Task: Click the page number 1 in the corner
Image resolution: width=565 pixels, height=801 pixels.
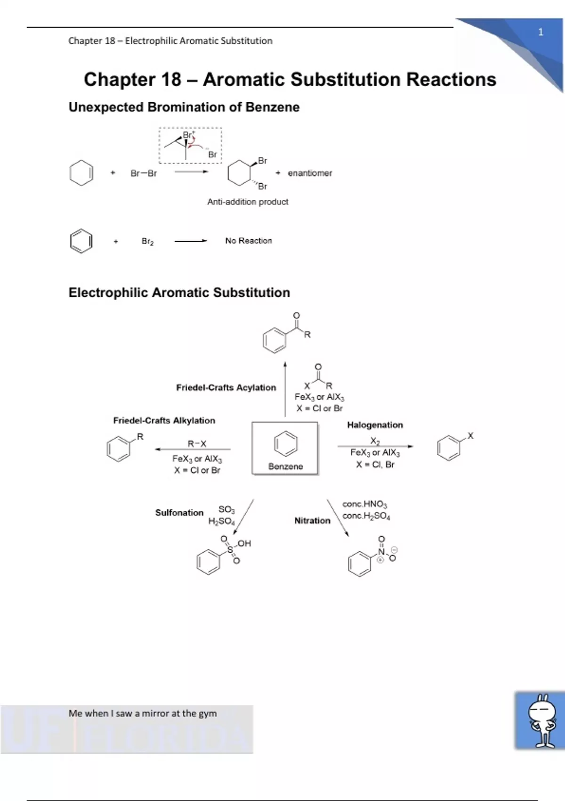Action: tap(541, 33)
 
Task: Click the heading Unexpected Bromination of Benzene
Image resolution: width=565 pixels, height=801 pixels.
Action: tap(184, 107)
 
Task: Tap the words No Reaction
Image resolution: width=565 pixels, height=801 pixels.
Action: tap(248, 241)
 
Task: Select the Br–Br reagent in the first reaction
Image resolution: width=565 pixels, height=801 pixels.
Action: tap(144, 173)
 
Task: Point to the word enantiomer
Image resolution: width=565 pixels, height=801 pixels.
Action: tap(310, 173)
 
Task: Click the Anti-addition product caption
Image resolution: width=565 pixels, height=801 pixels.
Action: tap(248, 202)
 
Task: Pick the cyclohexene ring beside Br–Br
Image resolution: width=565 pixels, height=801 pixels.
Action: tap(81, 173)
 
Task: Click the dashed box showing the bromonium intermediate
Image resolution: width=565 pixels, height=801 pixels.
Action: tap(190, 146)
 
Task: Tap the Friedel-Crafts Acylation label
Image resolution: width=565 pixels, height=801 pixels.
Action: tap(226, 388)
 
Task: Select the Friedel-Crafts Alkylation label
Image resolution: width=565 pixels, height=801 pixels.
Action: tap(164, 421)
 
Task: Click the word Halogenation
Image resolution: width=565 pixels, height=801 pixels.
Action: tap(375, 425)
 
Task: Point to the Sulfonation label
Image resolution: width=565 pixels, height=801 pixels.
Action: tap(179, 513)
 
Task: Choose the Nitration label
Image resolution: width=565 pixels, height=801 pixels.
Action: tap(312, 521)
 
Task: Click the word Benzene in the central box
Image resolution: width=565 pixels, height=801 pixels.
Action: tap(285, 466)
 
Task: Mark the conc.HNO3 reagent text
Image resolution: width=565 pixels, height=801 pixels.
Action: tap(364, 504)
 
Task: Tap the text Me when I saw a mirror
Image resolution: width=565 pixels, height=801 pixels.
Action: tap(143, 713)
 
